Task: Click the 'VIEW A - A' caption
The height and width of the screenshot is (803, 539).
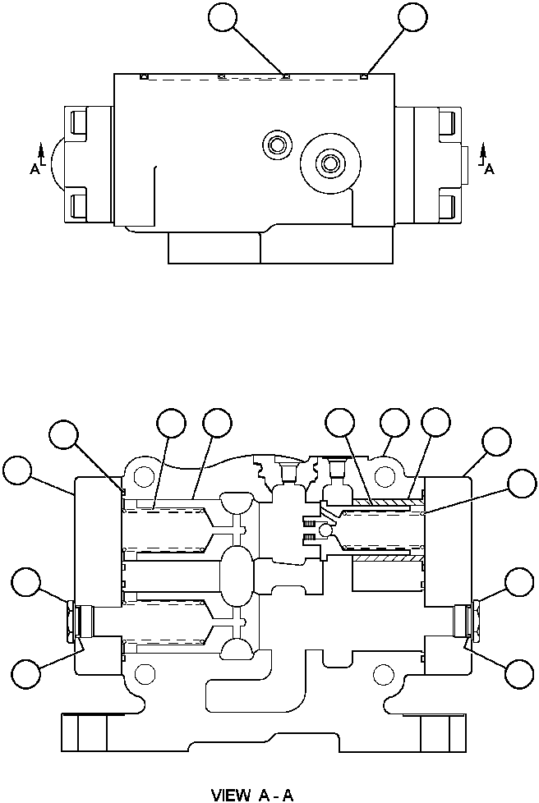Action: [x=252, y=794]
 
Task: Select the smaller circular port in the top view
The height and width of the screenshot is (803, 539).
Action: [x=274, y=145]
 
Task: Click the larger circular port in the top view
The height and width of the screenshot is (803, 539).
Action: [x=331, y=163]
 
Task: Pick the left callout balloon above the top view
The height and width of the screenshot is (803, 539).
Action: [x=223, y=17]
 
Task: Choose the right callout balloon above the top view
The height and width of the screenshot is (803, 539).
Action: [x=412, y=17]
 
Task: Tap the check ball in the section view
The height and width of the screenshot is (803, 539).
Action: [x=326, y=532]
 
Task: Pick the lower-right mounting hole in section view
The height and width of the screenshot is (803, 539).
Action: [x=381, y=675]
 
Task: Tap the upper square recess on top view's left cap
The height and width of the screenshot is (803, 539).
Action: [x=78, y=123]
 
